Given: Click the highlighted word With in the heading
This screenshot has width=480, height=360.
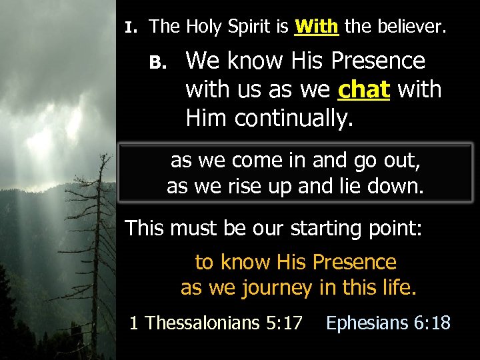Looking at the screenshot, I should click(317, 27).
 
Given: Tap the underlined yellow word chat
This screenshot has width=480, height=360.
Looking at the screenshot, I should click(363, 90).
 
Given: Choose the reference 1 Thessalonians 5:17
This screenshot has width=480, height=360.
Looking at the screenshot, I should click(216, 323).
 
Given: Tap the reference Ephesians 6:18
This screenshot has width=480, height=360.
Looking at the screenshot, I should click(388, 323).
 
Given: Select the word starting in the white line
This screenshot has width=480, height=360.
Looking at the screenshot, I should click(332, 229).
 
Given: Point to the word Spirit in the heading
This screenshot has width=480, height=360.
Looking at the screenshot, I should click(259, 27).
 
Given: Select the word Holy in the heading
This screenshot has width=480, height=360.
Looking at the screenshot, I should click(205, 27).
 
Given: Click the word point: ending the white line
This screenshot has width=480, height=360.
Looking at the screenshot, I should click(398, 229).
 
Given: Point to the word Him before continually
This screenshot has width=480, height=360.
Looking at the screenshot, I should click(207, 119).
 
